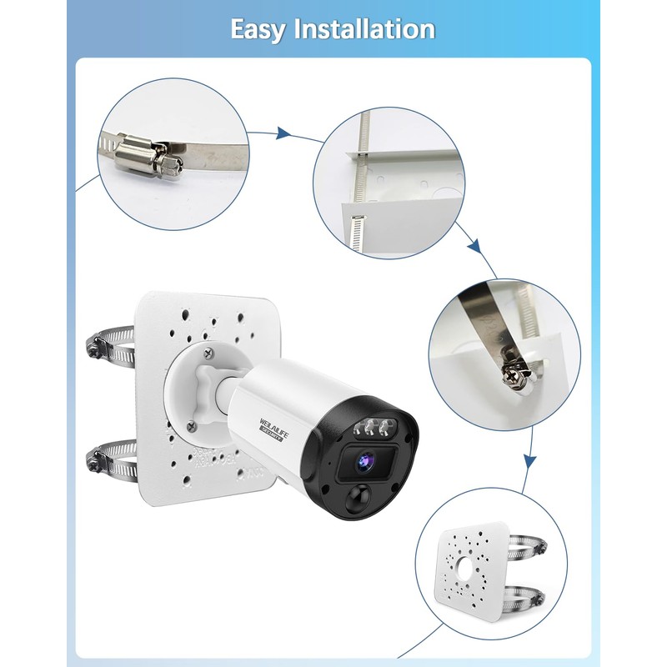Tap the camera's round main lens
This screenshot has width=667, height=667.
pyautogui.click(x=364, y=459)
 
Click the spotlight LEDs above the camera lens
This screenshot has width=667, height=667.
pyautogui.click(x=373, y=429)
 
